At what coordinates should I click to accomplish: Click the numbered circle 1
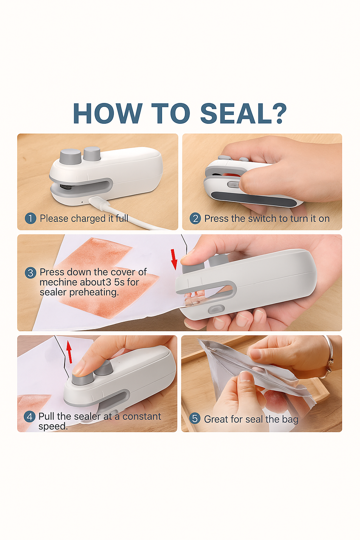coord(31,218)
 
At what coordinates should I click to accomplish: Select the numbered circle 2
coord(195,218)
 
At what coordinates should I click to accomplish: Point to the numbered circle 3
coord(31,273)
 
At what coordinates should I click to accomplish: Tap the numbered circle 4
coord(30,417)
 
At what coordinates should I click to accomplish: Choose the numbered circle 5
coord(195,418)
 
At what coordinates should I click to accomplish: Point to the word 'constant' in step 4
coord(142,416)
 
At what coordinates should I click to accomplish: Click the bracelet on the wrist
coord(329,357)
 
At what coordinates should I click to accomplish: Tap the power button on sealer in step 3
coord(216,309)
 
